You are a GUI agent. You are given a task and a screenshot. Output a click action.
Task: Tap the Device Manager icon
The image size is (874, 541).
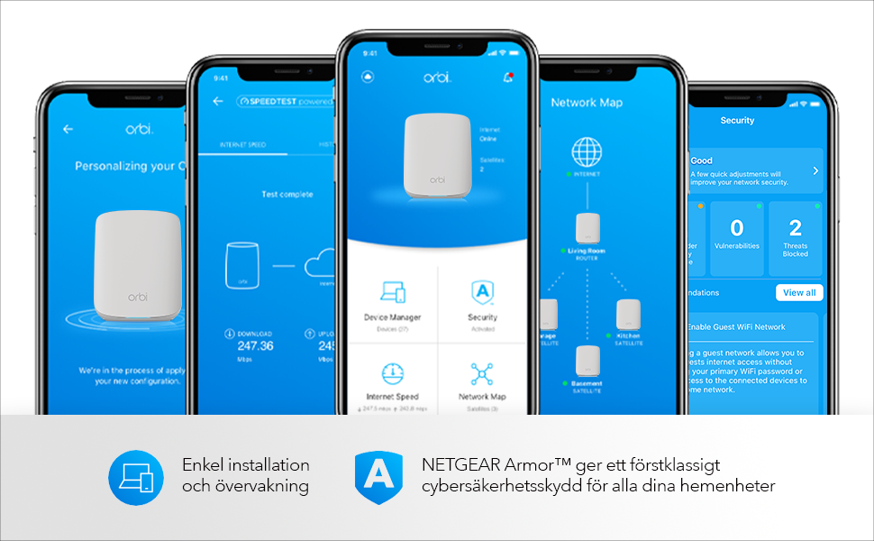pyautogui.click(x=393, y=293)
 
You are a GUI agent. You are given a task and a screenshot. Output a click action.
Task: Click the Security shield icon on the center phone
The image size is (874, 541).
pyautogui.click(x=482, y=293)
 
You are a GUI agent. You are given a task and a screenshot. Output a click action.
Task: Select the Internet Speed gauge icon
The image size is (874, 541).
pyautogui.click(x=393, y=374)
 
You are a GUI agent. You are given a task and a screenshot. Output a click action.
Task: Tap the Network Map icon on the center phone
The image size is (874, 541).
pyautogui.click(x=482, y=374)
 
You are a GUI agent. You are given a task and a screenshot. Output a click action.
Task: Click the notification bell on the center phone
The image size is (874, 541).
pyautogui.click(x=507, y=78)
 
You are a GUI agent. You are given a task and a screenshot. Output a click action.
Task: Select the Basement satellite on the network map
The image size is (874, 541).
pyautogui.click(x=587, y=359)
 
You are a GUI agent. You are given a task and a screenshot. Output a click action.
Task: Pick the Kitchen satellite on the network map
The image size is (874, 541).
pyautogui.click(x=628, y=314)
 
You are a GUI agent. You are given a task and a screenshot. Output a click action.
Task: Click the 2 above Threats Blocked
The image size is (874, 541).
pyautogui.click(x=795, y=227)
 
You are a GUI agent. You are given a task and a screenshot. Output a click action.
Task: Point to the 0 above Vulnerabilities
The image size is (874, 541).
pyautogui.click(x=736, y=227)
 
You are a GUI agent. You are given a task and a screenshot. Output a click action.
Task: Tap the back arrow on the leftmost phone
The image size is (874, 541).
pyautogui.click(x=68, y=129)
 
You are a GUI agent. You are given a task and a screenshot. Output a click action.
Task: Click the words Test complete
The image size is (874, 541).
pyautogui.click(x=287, y=194)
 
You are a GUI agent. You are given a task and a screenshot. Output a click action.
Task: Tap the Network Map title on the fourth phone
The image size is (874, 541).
pyautogui.click(x=587, y=103)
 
